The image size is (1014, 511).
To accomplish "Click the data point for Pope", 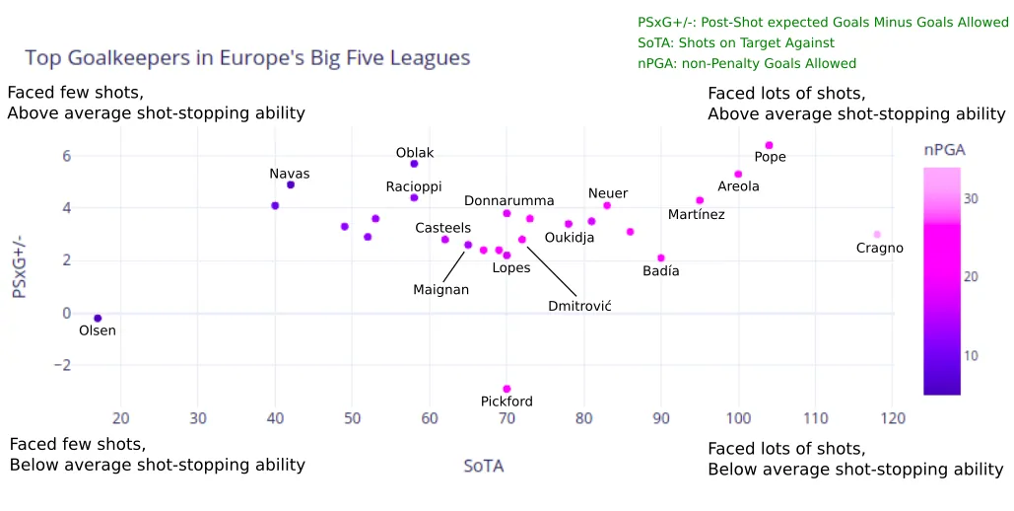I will [769, 146].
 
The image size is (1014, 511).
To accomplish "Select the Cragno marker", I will [877, 235].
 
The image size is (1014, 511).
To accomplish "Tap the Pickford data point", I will [507, 390].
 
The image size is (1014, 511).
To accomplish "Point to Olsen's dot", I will [98, 319].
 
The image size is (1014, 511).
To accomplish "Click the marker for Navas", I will [291, 185].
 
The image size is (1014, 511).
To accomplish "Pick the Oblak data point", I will [414, 164].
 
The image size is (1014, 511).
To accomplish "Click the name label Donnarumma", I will [508, 201].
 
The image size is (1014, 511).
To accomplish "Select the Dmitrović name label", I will [579, 307].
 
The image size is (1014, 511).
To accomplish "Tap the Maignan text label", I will [440, 290].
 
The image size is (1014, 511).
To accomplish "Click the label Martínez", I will [696, 215].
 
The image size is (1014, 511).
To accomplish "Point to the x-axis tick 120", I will [892, 418].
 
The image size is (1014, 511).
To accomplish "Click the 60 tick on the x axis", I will [430, 418].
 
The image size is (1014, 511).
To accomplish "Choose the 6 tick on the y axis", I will [66, 156].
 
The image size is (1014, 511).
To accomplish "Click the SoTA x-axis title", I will [483, 466].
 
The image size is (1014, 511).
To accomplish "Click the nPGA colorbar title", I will [944, 150].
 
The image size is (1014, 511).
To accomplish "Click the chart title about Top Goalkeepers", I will [246, 58].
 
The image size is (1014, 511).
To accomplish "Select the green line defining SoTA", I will [735, 43].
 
